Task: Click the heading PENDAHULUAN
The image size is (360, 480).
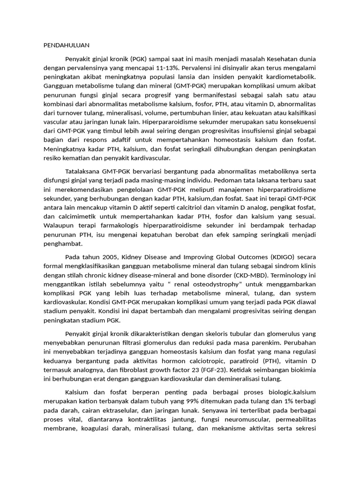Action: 66,45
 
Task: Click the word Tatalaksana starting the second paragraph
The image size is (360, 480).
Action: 82,172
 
